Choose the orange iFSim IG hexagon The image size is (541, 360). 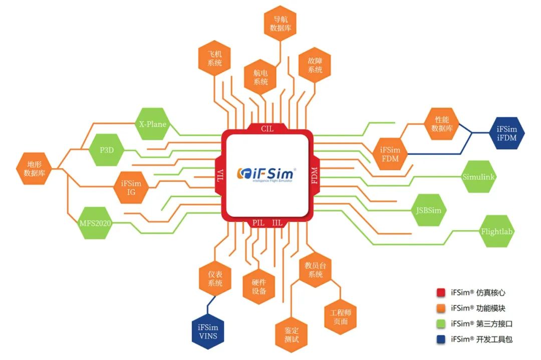pos(131,187)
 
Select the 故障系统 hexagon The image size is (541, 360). pos(315,65)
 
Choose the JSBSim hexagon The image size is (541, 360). pos(429,210)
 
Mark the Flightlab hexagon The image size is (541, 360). pos(497,231)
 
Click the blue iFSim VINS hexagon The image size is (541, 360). pos(208,331)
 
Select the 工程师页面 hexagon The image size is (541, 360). pos(341,316)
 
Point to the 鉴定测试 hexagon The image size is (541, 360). pos(292,334)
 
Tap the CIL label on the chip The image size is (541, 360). pos(267,129)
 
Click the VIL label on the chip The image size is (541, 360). pos(220,175)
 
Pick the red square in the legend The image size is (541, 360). pos(441,292)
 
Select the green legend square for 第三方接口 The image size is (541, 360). pos(441,323)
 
